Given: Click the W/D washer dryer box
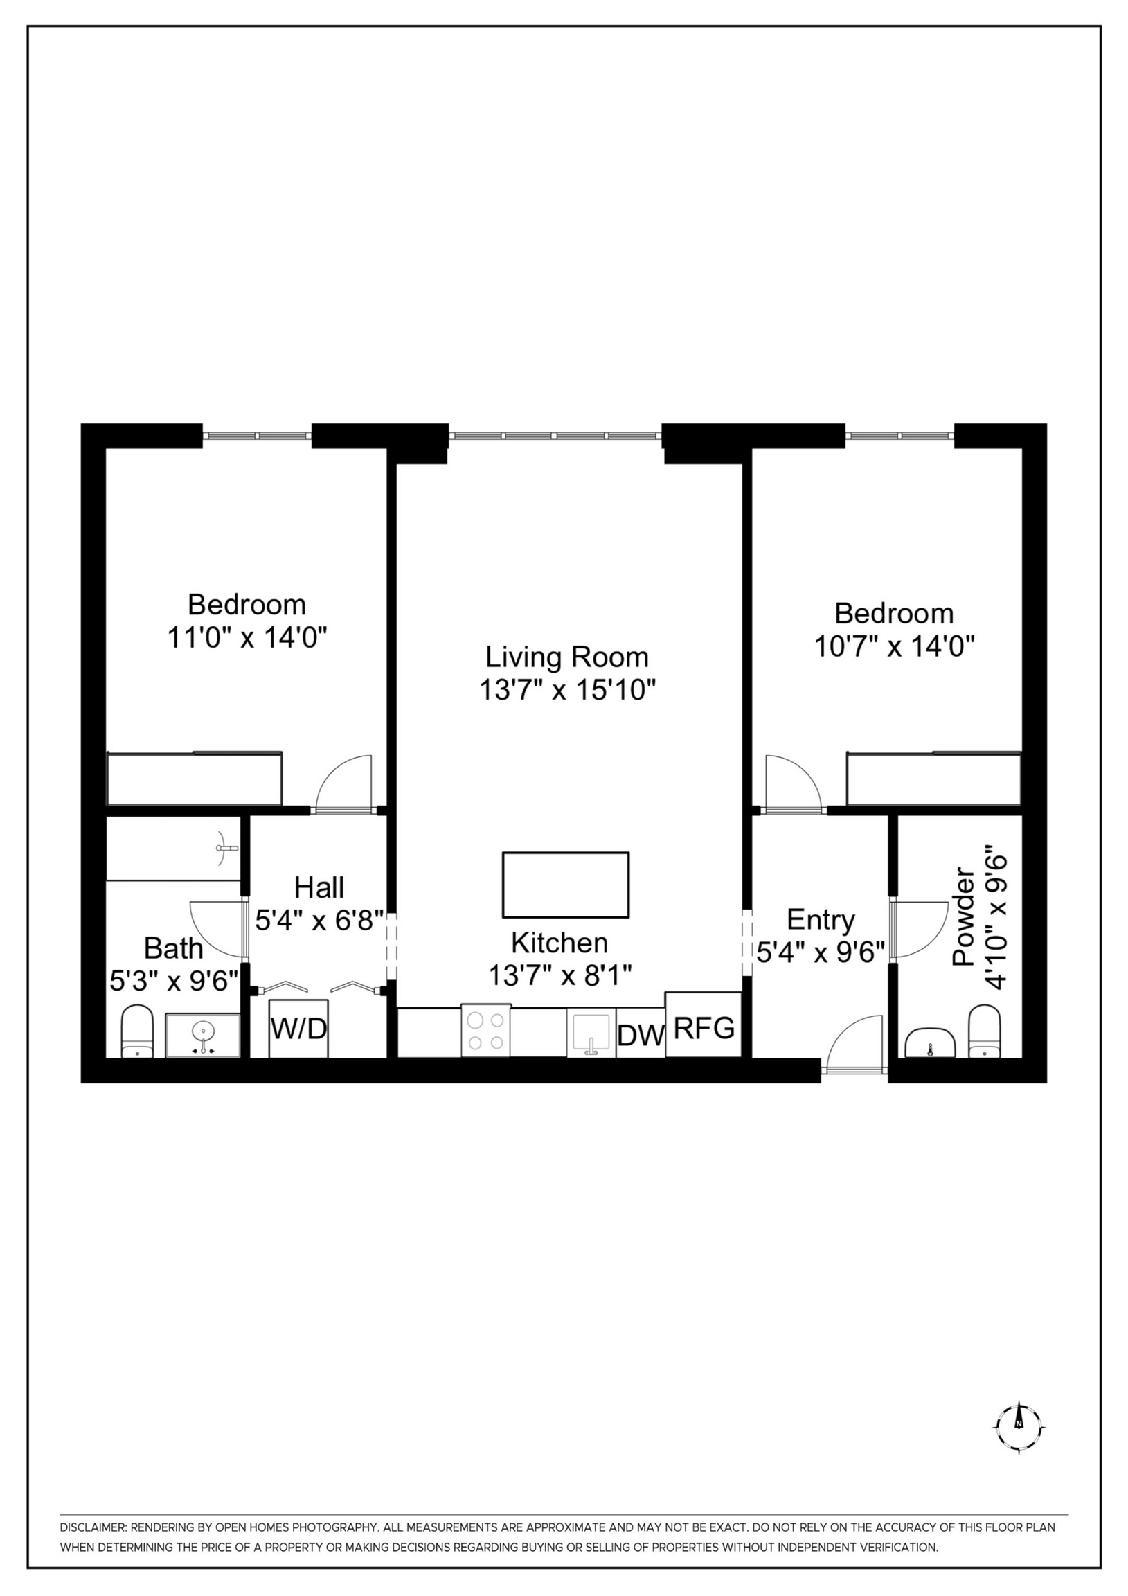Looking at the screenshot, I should click(x=298, y=1029).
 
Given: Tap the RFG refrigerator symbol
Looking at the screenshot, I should click(x=704, y=1027).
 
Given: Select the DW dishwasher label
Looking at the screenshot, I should click(x=640, y=1036).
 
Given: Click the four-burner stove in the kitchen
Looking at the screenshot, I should click(x=486, y=1031).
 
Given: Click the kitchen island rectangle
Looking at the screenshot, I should click(x=566, y=885).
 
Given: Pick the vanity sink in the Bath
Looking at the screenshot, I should click(x=202, y=1035).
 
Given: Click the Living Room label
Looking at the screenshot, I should click(x=566, y=657).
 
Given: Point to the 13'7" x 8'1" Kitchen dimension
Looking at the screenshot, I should click(x=560, y=975).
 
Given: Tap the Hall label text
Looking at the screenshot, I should click(x=319, y=887).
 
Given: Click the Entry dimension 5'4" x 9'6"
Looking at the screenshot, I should click(x=820, y=952).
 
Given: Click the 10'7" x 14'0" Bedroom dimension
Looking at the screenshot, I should click(x=894, y=647).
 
